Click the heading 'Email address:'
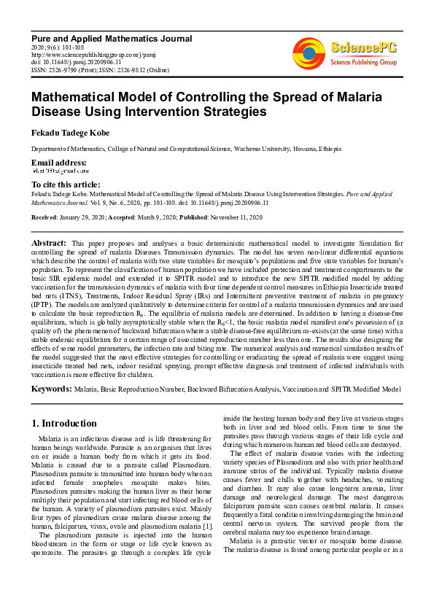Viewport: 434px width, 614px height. point(58,162)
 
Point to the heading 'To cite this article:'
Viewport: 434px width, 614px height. point(66,185)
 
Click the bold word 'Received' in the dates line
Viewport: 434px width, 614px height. point(46,217)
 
